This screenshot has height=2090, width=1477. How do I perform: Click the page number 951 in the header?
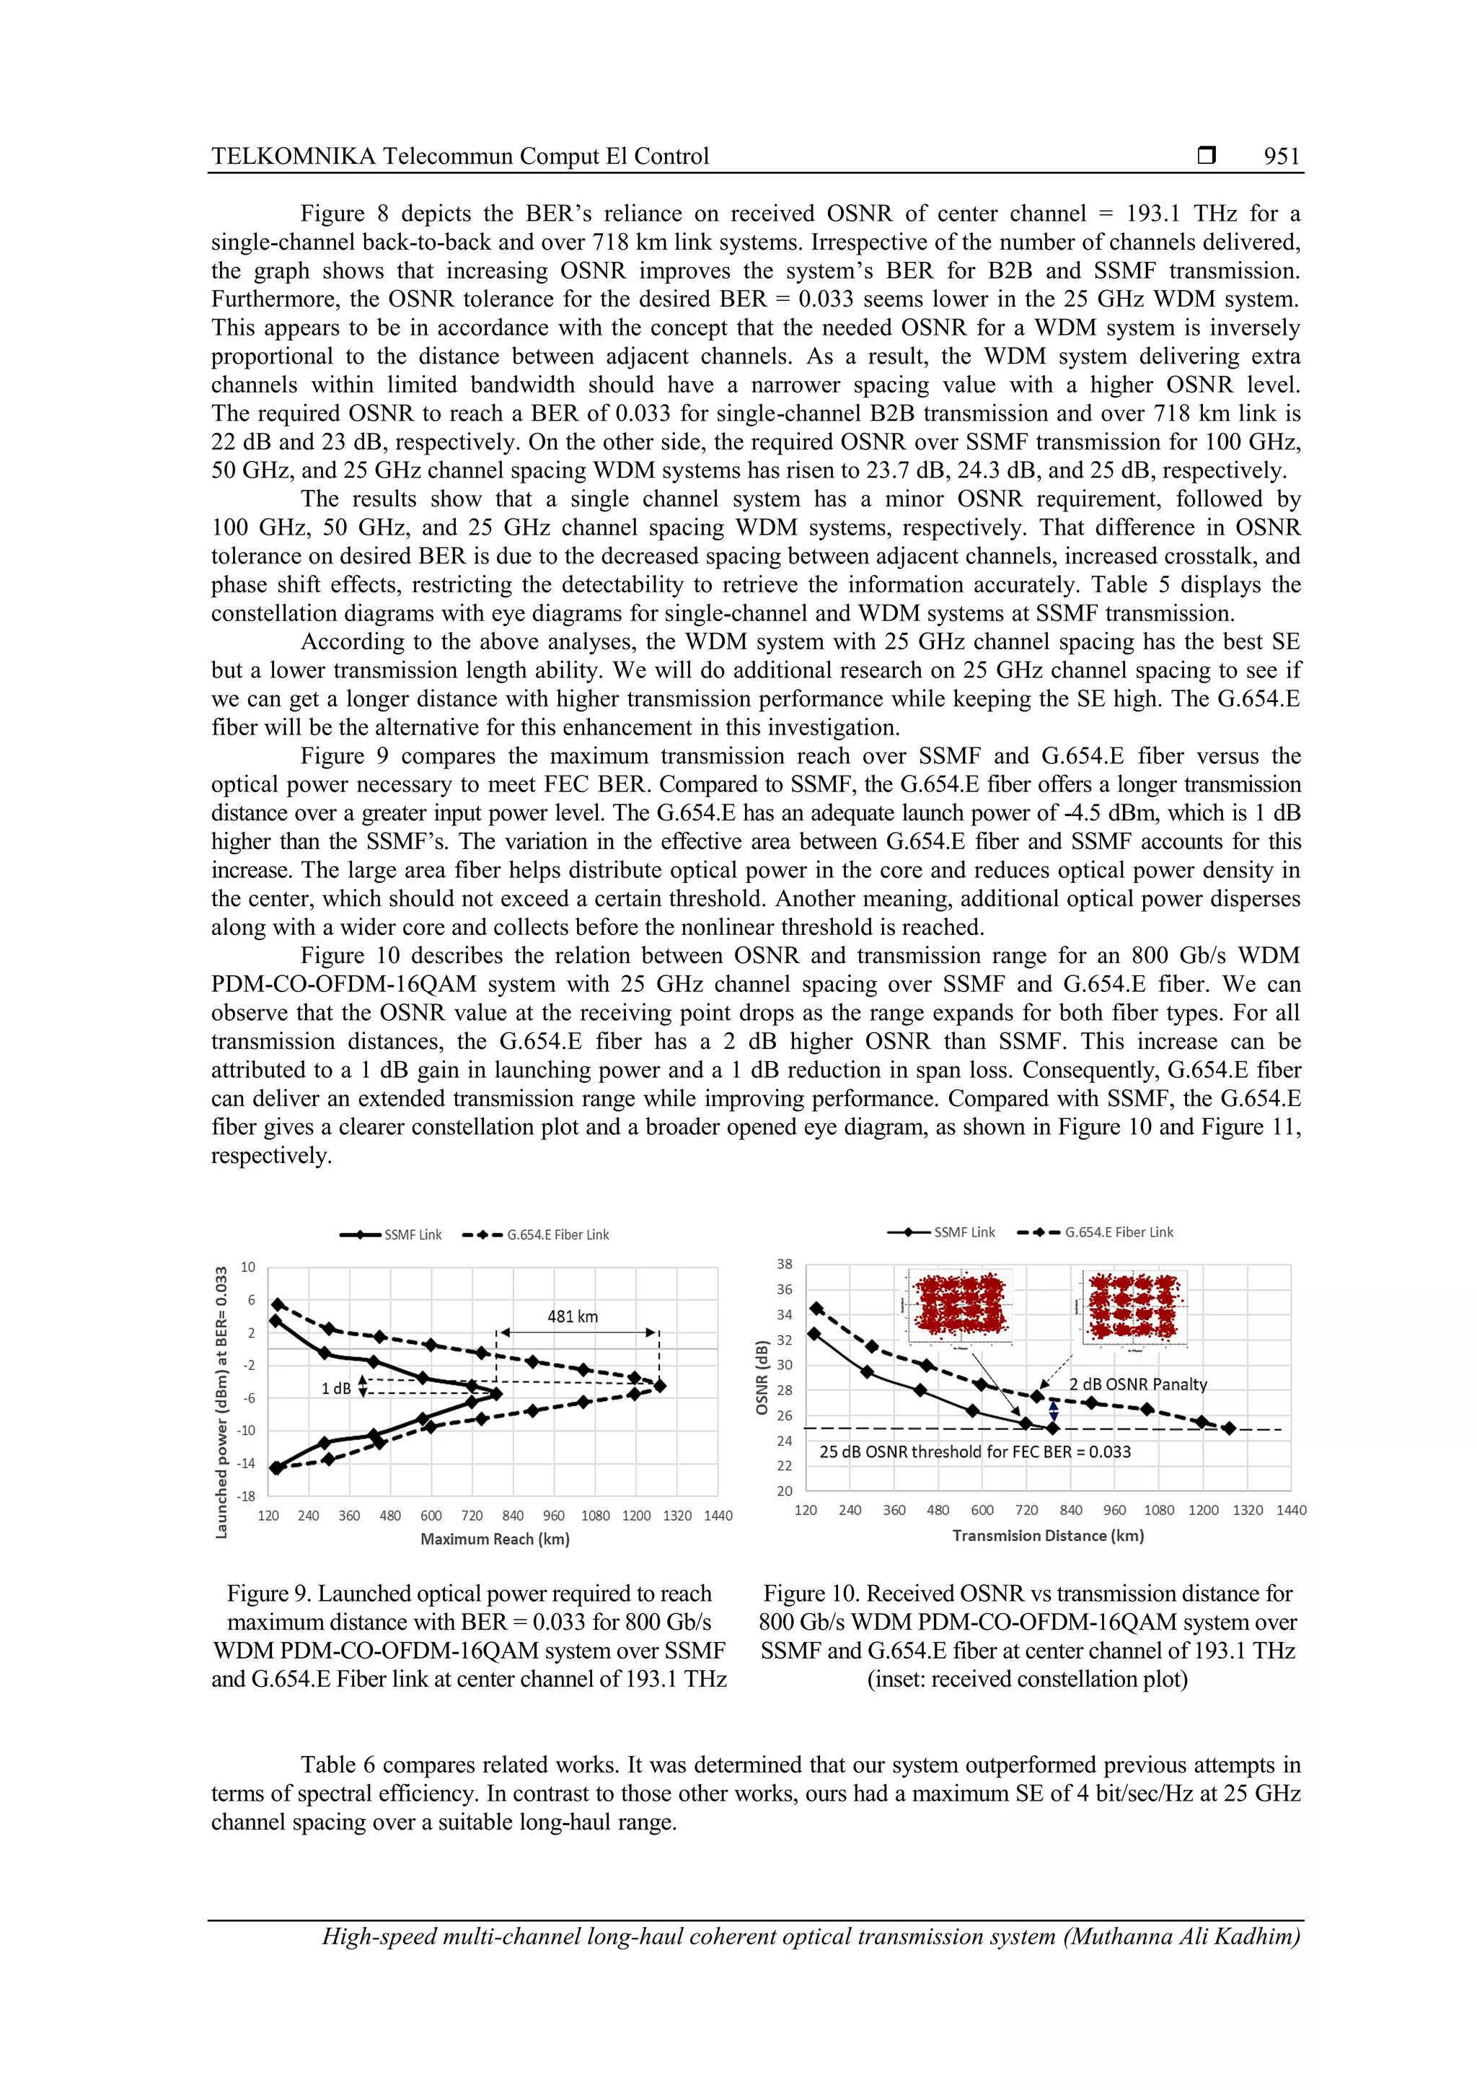1282,157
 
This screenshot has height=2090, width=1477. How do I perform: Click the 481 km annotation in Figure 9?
573,1317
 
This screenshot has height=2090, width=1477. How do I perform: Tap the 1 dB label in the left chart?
336,1388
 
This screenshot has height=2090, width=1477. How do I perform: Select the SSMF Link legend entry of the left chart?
392,1235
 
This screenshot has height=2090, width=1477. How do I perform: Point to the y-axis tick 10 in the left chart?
247,1267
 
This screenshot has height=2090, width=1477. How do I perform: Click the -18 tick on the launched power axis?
246,1496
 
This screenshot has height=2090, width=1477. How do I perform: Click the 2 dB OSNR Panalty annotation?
1137,1384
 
